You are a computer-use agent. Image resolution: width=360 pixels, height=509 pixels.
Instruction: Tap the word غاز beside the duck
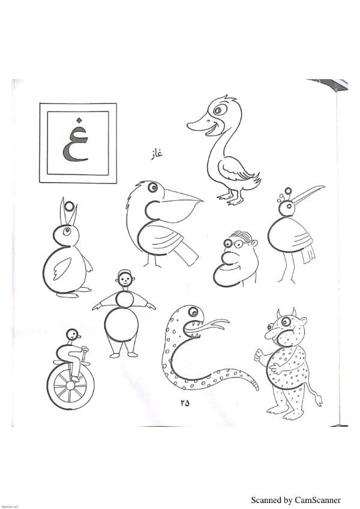click(x=156, y=153)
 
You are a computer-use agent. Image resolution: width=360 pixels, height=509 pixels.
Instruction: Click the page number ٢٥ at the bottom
click(x=184, y=403)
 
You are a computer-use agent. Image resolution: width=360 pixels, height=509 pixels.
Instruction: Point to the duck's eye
click(x=220, y=110)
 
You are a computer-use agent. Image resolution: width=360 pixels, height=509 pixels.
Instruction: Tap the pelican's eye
click(x=152, y=188)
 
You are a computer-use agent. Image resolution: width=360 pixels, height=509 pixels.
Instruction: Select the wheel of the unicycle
click(x=71, y=386)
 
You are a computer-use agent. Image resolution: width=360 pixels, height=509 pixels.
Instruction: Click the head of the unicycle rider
click(x=73, y=335)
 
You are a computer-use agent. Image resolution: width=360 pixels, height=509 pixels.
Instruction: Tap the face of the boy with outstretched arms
click(x=124, y=279)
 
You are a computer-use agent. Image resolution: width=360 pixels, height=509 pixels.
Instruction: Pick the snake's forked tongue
click(x=215, y=324)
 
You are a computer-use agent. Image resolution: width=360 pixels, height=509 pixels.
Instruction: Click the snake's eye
click(x=194, y=312)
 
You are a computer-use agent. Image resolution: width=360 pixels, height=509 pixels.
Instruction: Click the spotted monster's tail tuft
click(x=319, y=400)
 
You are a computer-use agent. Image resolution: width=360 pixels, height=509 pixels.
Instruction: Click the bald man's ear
click(x=255, y=243)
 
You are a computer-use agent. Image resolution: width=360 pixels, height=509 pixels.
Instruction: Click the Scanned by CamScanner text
click(x=296, y=500)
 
